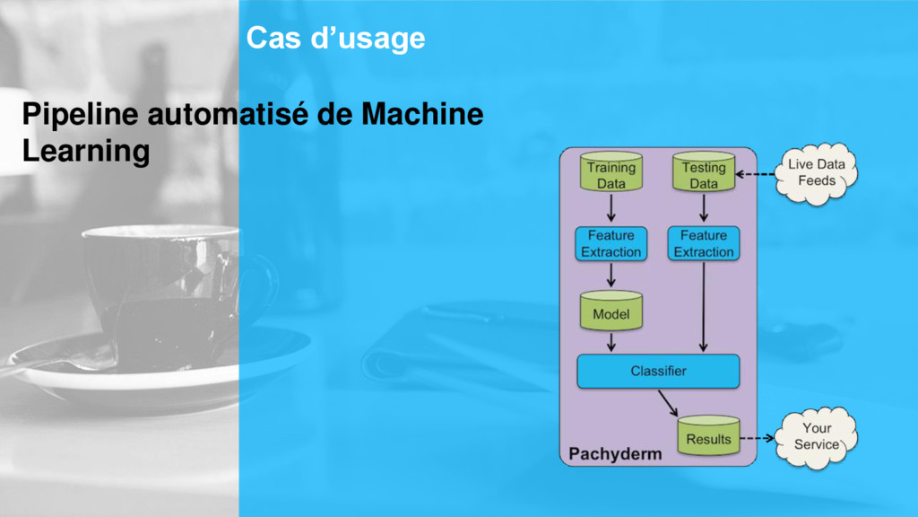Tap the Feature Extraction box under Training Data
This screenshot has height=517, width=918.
pyautogui.click(x=611, y=243)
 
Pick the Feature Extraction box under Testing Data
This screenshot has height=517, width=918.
pyautogui.click(x=704, y=243)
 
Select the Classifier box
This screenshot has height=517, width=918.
pyautogui.click(x=658, y=371)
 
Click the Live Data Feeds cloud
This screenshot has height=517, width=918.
pyautogui.click(x=817, y=173)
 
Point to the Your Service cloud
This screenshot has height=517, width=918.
pyautogui.click(x=817, y=436)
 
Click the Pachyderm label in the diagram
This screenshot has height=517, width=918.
pyautogui.click(x=616, y=454)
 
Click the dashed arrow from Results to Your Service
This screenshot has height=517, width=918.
pyautogui.click(x=758, y=439)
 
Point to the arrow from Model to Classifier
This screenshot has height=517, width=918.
pyautogui.click(x=611, y=341)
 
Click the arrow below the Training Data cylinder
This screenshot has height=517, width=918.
pyautogui.click(x=611, y=208)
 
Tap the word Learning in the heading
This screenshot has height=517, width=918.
pyautogui.click(x=85, y=152)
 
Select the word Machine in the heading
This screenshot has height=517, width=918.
pyautogui.click(x=422, y=116)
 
